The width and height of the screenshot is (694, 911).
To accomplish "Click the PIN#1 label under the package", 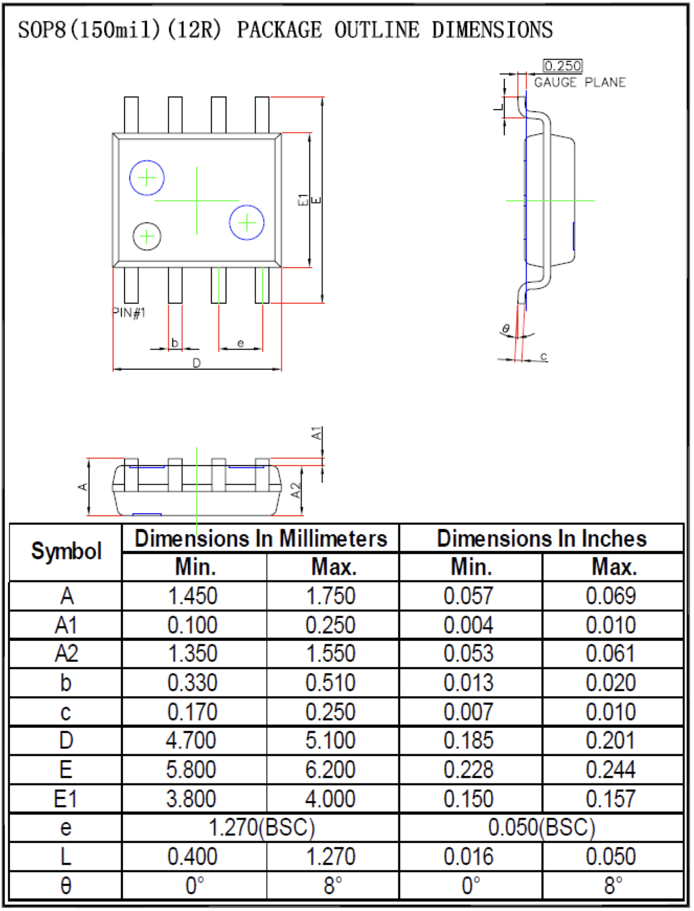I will (x=129, y=313).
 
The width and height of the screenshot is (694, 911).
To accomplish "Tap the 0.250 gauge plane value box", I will (x=563, y=66).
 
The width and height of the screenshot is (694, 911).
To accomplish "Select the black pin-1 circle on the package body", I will (x=146, y=236).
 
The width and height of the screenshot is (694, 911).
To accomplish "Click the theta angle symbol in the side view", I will (x=506, y=329).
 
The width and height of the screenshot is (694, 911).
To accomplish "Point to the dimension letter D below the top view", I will (x=197, y=363).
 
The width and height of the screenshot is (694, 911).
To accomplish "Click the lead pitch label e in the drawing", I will (x=240, y=343).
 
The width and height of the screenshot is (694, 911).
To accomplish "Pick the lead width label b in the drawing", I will (x=175, y=343).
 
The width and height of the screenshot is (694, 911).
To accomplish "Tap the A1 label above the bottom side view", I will (x=317, y=434).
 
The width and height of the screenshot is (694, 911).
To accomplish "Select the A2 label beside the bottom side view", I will (x=296, y=491).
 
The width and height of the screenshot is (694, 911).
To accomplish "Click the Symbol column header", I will (x=66, y=551).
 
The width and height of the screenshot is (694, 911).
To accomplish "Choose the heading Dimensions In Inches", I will (x=541, y=538).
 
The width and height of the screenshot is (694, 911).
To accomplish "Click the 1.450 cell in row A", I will (x=193, y=596).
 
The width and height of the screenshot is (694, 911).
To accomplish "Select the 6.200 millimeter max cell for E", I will (x=330, y=770).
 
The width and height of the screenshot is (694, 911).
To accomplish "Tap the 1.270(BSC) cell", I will (x=261, y=828).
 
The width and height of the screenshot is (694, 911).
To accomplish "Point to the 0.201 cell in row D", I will (x=610, y=740).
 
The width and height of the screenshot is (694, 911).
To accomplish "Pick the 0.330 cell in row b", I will (x=193, y=682).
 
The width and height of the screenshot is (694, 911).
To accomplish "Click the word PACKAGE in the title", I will (x=279, y=30).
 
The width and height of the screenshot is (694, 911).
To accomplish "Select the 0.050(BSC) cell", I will (x=541, y=828).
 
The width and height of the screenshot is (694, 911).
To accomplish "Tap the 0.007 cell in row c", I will (x=469, y=712).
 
